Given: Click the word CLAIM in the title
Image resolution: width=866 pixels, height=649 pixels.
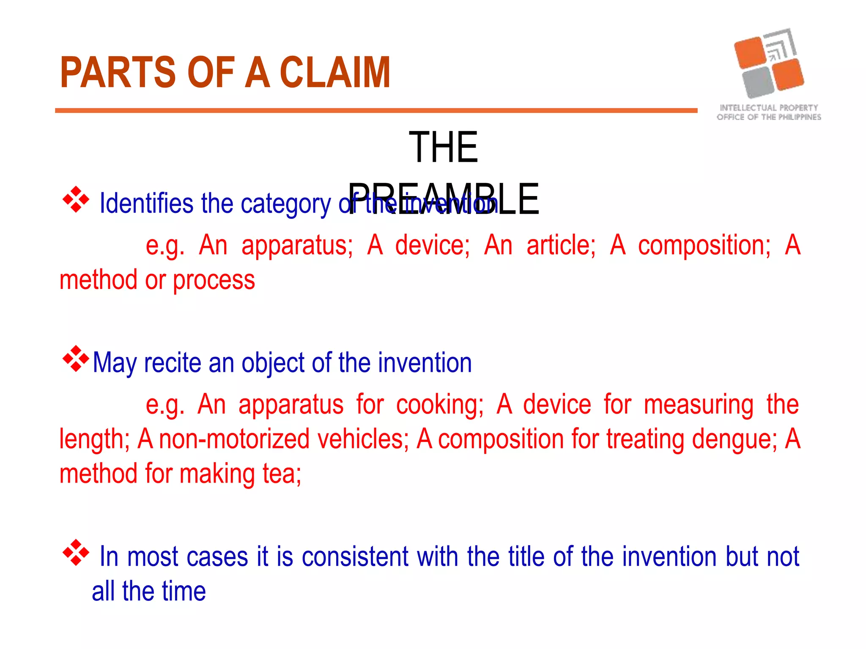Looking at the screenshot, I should click(335, 73).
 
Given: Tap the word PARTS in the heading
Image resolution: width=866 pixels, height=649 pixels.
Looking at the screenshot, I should click(118, 73).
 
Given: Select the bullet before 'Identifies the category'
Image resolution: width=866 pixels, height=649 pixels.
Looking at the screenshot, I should click(76, 199).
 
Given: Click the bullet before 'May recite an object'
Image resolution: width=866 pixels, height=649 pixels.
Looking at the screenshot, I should click(76, 359).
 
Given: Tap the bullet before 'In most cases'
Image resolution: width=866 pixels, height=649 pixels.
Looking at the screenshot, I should click(76, 552).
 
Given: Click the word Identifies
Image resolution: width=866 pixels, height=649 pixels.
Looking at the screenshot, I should click(146, 204).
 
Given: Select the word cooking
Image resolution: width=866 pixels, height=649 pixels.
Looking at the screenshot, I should click(439, 405).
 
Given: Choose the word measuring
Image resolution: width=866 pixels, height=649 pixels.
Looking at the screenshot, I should click(699, 405).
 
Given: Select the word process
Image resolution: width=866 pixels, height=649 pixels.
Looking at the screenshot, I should click(214, 280).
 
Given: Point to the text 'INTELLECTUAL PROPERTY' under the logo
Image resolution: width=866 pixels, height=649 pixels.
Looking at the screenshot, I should click(769, 108).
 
